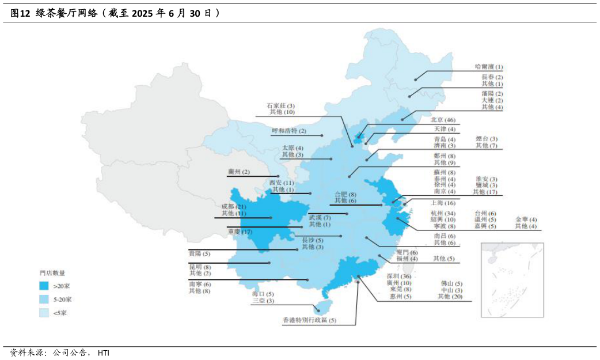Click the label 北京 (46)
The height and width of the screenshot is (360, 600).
(x=443, y=120)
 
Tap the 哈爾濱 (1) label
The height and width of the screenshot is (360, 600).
(x=488, y=67)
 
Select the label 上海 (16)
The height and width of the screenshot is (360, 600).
(x=443, y=203)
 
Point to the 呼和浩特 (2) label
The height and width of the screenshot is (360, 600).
(x=289, y=131)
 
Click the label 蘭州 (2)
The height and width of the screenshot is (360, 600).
(x=238, y=172)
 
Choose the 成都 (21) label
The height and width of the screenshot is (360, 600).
(x=233, y=207)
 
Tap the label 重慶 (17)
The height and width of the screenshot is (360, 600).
(x=240, y=232)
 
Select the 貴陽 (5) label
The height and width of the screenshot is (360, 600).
(x=199, y=254)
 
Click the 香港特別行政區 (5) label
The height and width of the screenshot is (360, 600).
(x=309, y=320)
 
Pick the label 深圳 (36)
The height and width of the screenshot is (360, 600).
(x=399, y=276)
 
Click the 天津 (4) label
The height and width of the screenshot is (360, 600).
(x=444, y=130)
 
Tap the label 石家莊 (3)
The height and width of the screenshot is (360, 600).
(x=281, y=106)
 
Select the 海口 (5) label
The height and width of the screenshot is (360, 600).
(x=263, y=294)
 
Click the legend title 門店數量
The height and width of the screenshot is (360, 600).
(x=52, y=272)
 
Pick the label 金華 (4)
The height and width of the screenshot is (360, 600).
(x=526, y=220)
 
